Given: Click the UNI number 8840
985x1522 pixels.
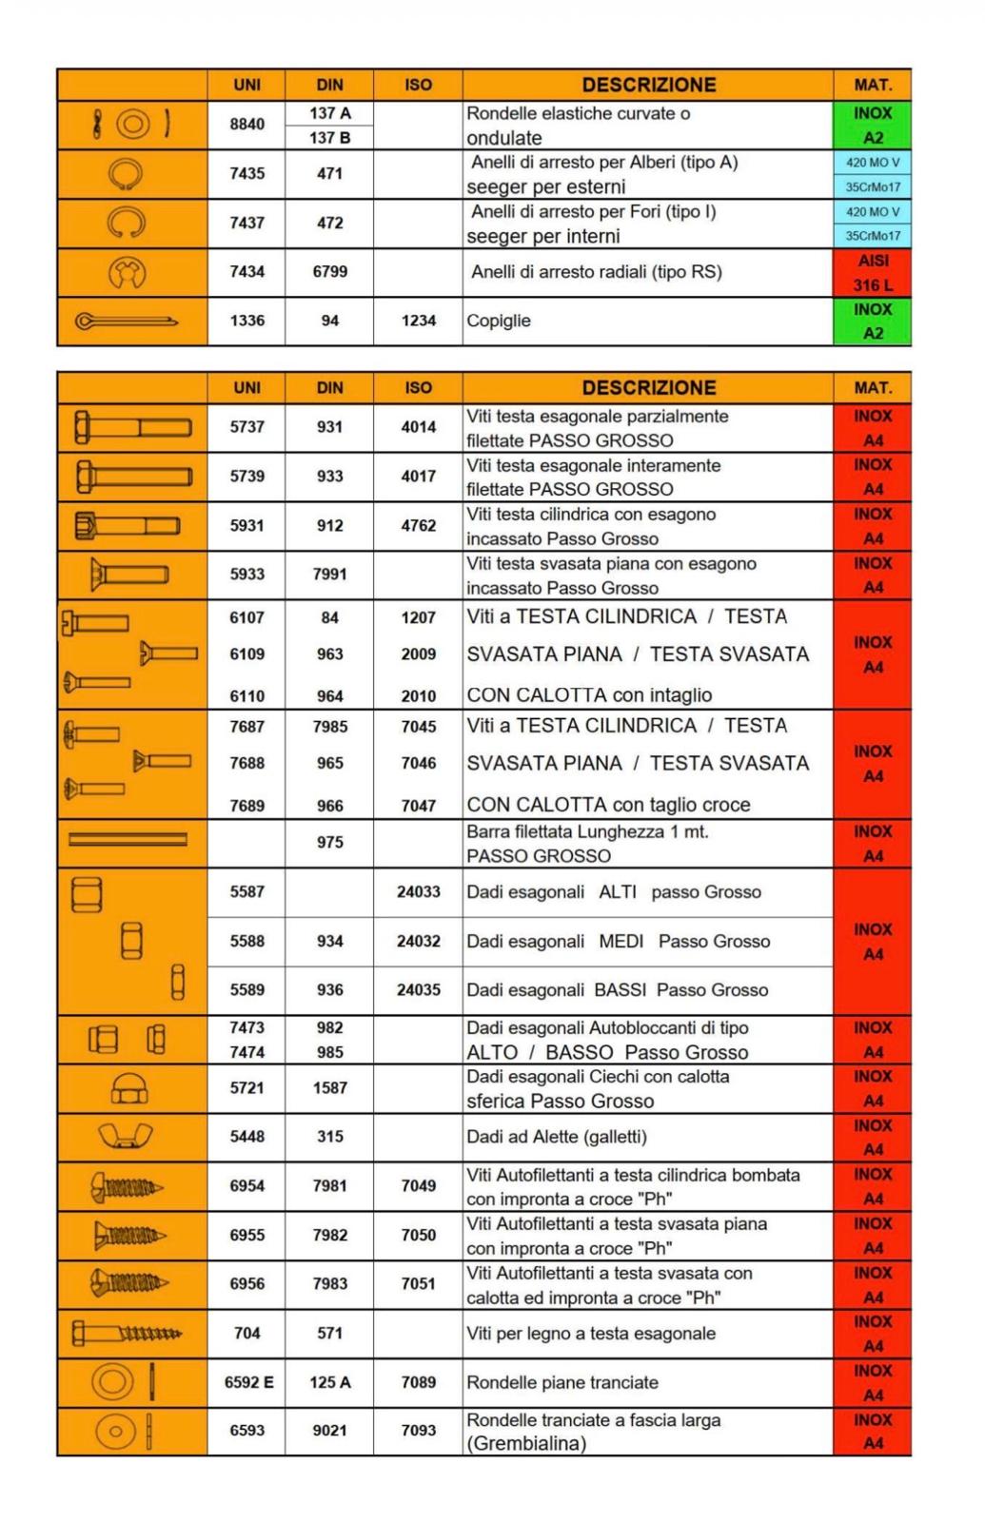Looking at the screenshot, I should coord(246,125).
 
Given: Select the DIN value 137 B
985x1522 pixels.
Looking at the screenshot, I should coord(329,137).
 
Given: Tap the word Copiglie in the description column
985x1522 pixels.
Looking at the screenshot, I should coord(498,321).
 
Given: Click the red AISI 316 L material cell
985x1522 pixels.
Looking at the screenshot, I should coord(873,272).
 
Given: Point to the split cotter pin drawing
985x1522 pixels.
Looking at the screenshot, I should coord(128,322).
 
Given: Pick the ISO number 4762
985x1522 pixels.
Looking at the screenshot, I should coord(418,525).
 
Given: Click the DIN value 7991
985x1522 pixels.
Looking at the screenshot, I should coord(329,575).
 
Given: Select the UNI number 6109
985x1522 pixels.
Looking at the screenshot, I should coord(246,654).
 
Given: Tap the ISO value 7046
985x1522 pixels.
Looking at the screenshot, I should coord(418,764).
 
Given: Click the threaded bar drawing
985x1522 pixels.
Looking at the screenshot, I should coord(128,839).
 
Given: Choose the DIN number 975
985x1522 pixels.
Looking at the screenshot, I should coord(329,842).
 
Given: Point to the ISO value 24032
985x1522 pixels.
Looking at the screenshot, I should coord(418,941).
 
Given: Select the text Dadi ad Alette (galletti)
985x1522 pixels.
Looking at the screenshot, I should coord(556,1137).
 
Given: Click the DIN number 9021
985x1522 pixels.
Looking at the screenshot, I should coord(329,1431).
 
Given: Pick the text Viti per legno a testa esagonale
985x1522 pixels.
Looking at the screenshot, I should coord(590,1334).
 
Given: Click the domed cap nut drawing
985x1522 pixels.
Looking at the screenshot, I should coord(128,1088).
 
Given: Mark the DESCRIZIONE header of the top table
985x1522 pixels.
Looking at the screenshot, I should coord(648,85).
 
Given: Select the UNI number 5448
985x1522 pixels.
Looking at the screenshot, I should coord(246,1137).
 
